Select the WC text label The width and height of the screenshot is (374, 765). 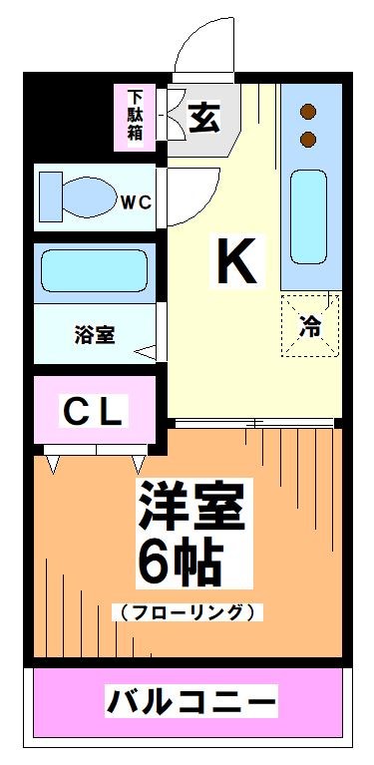click(136, 202)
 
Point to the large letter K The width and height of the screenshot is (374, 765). click(239, 262)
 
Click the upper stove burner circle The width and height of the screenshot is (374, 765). click(308, 112)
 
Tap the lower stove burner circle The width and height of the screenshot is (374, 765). click(308, 137)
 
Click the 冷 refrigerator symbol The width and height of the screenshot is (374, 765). click(311, 325)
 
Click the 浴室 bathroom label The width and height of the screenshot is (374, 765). click(94, 335)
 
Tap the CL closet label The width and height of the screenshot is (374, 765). click(94, 410)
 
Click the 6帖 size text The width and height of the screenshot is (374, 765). click(180, 564)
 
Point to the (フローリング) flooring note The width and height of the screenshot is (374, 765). click(188, 611)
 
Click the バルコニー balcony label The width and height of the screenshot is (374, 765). click(190, 702)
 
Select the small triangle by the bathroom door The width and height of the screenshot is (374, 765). click(146, 352)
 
